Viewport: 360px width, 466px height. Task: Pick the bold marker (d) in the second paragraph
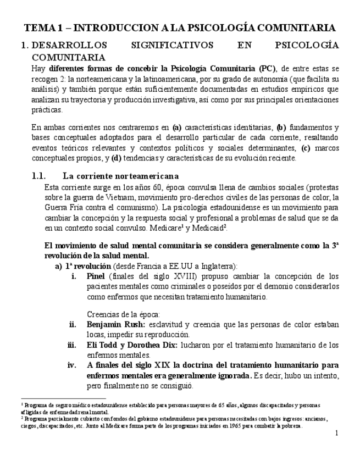tap(116, 158)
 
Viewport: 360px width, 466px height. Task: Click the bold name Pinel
tap(96, 276)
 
